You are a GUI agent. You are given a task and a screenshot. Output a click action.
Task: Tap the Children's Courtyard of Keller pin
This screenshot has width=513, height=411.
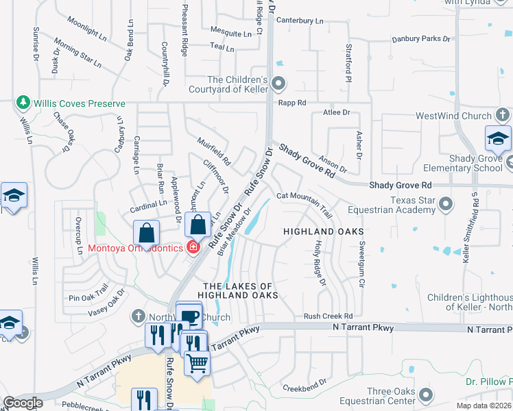click(278, 84)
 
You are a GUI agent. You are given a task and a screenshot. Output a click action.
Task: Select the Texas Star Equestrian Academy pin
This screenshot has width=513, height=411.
click(446, 204)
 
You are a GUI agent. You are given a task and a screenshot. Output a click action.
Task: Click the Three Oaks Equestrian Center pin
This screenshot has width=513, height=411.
click(427, 395)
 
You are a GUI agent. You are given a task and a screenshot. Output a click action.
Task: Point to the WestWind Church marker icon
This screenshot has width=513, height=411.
click(503, 116)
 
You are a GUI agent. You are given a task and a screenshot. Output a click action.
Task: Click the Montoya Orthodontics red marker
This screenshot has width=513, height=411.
click(193, 247)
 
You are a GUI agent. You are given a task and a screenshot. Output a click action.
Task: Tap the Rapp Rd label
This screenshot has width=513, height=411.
click(291, 103)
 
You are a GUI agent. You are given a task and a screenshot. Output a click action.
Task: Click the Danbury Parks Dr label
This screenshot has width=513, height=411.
click(416, 38)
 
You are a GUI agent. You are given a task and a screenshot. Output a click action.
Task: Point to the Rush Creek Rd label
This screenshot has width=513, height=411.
click(328, 316)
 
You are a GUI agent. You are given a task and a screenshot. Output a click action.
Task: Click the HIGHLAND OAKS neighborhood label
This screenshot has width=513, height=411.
click(324, 232)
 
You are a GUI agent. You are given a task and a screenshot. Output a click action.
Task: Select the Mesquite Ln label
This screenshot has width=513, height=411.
click(231, 32)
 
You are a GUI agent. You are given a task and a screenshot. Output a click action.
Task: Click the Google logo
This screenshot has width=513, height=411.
click(23, 403)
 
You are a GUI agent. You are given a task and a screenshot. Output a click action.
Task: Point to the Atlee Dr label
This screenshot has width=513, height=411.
click(336, 112)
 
